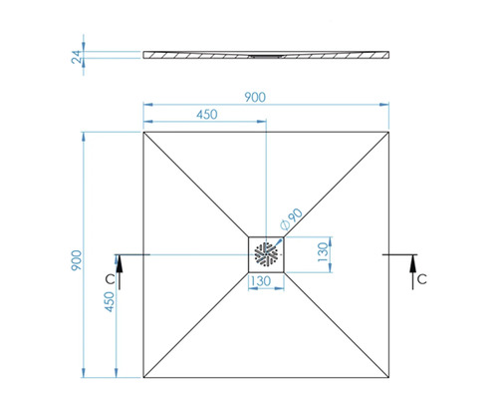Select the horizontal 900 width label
pos(266,96)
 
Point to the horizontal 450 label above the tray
pos(206,115)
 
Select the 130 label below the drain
pos(262,283)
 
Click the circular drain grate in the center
pos(267,253)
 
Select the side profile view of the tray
pos(267,55)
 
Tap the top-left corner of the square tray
pos(144,131)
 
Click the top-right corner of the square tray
pos(388,131)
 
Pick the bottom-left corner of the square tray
pos(144,377)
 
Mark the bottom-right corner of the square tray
pos(388,377)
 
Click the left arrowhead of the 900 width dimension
pos(147,104)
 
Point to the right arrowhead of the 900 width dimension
pos(385,104)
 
